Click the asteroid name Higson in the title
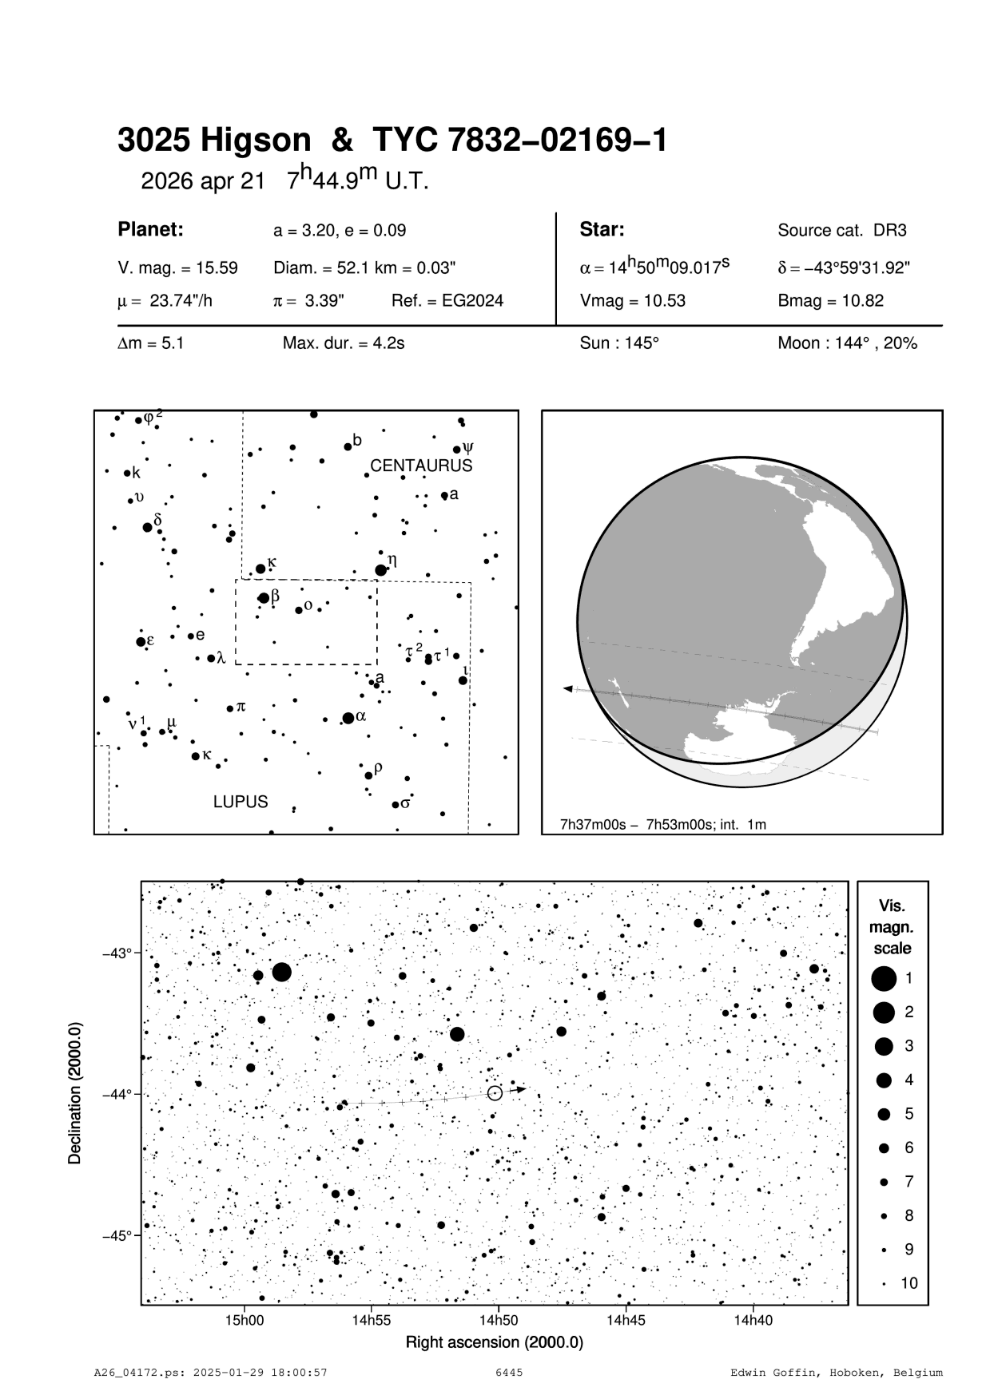tap(255, 141)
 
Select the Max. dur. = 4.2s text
tap(344, 343)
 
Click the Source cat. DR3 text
tap(842, 231)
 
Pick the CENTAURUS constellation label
tap(421, 466)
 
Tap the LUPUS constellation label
tap(241, 802)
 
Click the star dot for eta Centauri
tap(380, 570)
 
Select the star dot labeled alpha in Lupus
tap(348, 718)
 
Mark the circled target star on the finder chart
tap(495, 1093)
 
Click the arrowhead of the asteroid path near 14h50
tap(520, 1088)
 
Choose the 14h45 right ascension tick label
tap(626, 1321)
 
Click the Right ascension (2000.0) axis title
tap(495, 1342)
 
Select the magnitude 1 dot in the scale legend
tap(884, 978)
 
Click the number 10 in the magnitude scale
tap(909, 1283)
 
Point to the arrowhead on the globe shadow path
tap(567, 688)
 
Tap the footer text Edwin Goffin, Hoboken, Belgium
tap(836, 1373)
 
